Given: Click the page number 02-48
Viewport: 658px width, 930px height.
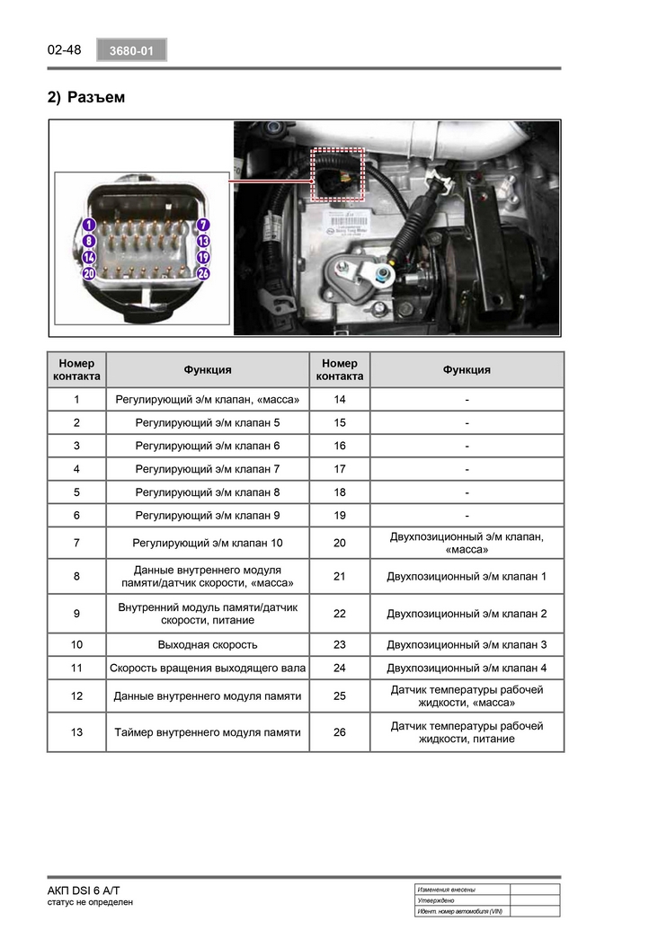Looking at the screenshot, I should [64, 50].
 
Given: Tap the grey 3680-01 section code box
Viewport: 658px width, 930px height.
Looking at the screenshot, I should [131, 51].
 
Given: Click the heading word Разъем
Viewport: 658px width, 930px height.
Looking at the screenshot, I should [96, 97].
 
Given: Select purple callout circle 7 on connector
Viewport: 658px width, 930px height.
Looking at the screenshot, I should [203, 225].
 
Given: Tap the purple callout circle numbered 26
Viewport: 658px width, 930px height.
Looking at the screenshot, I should [203, 273].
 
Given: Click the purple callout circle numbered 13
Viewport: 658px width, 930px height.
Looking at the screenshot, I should [203, 241].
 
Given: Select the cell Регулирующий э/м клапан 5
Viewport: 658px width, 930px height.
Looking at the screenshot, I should [208, 422].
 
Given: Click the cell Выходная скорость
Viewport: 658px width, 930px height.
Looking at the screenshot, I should [208, 644].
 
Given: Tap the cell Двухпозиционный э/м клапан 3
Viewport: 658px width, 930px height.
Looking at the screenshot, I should [467, 644].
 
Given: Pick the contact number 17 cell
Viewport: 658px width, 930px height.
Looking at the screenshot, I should [340, 469].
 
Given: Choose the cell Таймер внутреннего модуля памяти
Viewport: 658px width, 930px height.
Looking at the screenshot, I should [208, 732].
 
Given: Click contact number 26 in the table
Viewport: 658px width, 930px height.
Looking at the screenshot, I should [340, 732].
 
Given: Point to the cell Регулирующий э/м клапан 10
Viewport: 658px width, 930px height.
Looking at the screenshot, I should [208, 543].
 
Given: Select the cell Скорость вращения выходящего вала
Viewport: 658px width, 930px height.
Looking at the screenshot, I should [208, 668].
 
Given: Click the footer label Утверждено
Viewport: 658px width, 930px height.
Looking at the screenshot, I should [436, 900].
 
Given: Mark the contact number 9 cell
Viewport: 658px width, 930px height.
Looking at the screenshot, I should [76, 614].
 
